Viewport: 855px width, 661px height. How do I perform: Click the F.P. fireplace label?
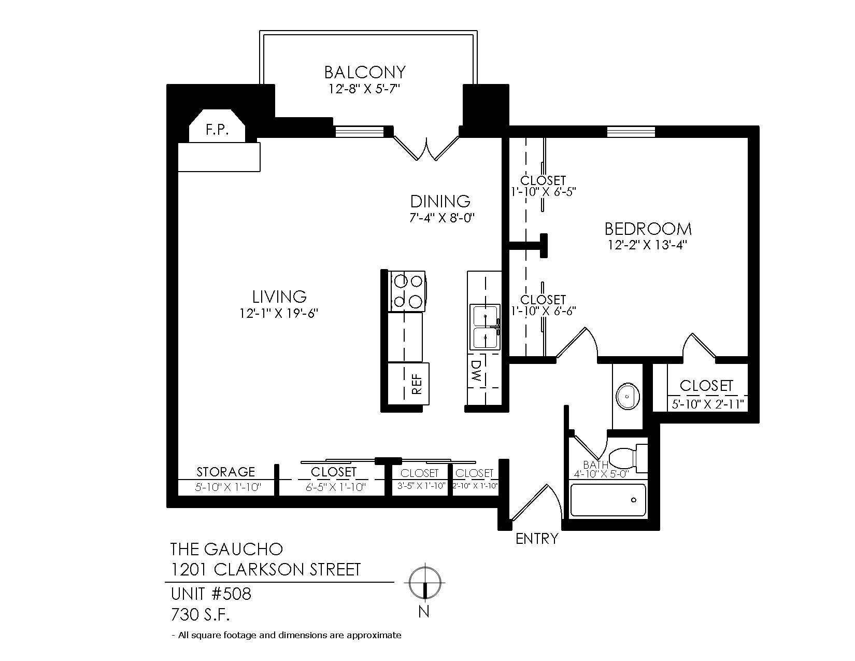[217, 130]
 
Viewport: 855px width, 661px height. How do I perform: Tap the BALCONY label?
[365, 73]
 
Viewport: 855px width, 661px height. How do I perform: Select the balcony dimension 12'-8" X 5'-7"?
[364, 89]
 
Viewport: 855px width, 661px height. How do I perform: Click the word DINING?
[440, 202]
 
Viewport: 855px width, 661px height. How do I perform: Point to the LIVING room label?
[279, 297]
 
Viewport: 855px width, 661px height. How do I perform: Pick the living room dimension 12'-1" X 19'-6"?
[279, 313]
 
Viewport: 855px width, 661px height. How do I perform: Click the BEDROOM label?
[648, 229]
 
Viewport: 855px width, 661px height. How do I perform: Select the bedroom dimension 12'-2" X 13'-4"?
[648, 245]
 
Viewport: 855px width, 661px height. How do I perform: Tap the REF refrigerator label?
[417, 384]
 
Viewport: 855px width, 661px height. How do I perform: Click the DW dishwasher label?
[477, 371]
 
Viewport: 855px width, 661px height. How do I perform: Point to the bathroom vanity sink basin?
[628, 396]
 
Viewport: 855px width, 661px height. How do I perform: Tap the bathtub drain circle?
[634, 500]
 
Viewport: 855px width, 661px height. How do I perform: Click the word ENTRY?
[537, 539]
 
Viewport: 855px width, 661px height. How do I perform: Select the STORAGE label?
[226, 472]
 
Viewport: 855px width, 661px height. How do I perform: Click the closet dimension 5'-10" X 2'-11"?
[707, 404]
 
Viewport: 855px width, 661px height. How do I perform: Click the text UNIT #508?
[211, 594]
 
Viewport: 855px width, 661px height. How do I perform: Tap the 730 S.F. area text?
[200, 614]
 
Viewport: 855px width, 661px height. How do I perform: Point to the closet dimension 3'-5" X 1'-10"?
[421, 486]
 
